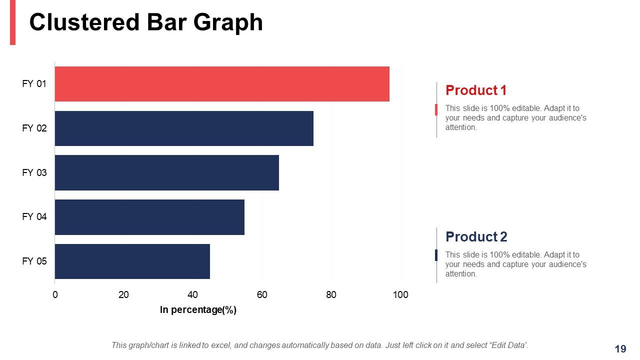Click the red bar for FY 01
pyautogui.click(x=221, y=84)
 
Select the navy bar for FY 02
pyautogui.click(x=183, y=128)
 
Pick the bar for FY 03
pyautogui.click(x=166, y=172)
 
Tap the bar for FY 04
pyautogui.click(x=149, y=217)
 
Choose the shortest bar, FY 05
pyautogui.click(x=132, y=261)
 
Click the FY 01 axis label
pyautogui.click(x=34, y=84)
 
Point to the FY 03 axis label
pyautogui.click(x=34, y=173)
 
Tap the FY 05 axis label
pyautogui.click(x=34, y=261)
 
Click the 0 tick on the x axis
pyautogui.click(x=55, y=295)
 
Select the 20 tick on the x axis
pyautogui.click(x=123, y=295)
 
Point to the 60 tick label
pyautogui.click(x=262, y=295)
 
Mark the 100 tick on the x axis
pyautogui.click(x=400, y=295)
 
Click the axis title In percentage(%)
pyautogui.click(x=198, y=310)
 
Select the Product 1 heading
pyautogui.click(x=475, y=90)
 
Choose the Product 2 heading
pyautogui.click(x=476, y=236)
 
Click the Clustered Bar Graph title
pyautogui.click(x=146, y=22)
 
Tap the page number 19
pyautogui.click(x=620, y=349)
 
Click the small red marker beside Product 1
pyautogui.click(x=436, y=109)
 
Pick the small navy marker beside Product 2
pyautogui.click(x=436, y=255)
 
